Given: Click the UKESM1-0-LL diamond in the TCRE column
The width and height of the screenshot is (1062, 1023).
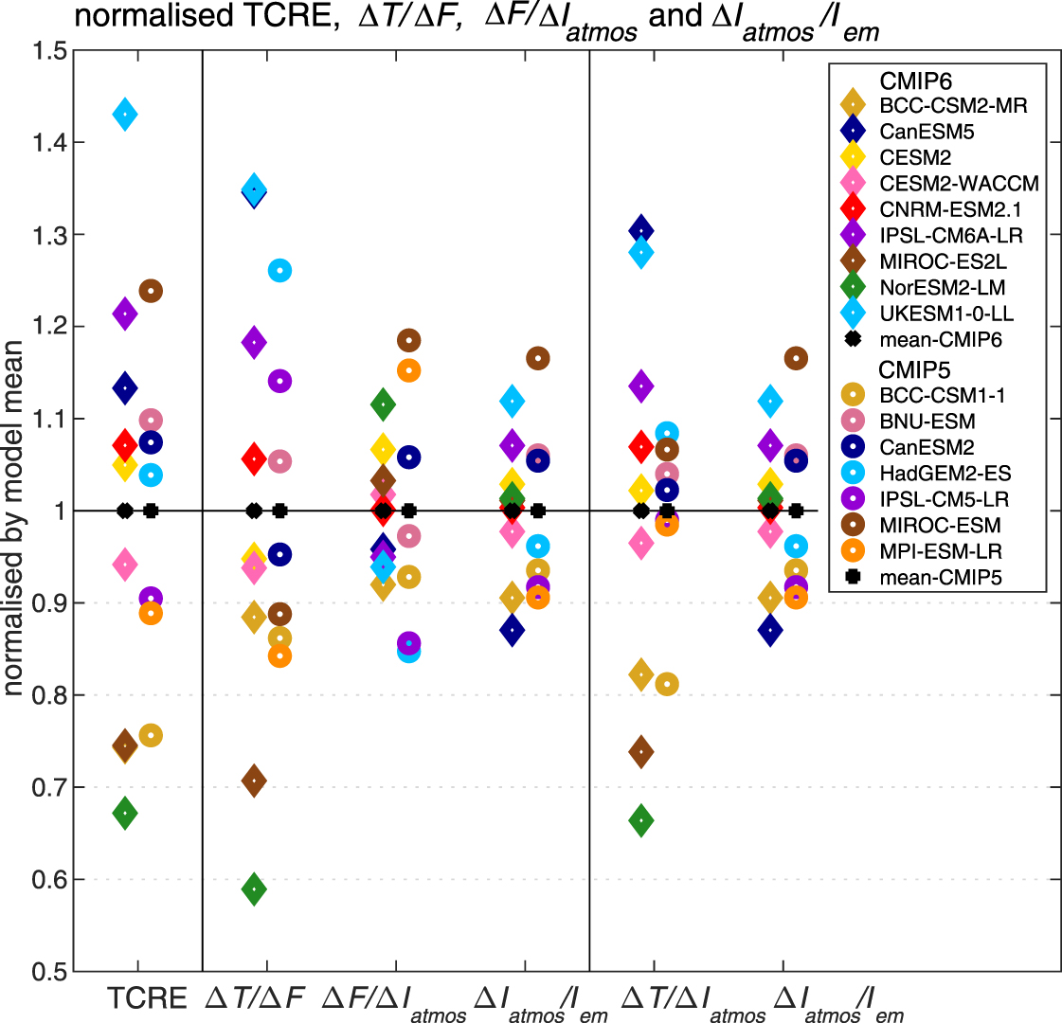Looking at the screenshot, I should point(124,115).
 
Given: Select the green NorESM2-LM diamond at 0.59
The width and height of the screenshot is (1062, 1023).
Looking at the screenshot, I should point(254,888).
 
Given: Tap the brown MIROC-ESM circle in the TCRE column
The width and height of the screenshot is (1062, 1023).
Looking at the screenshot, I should point(151,291).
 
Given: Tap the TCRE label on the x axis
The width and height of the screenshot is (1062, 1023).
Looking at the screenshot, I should point(147,997).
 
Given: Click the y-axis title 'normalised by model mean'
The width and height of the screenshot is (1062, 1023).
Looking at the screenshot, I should point(14,511).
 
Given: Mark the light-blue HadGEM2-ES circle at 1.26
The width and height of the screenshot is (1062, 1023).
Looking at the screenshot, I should point(279,271).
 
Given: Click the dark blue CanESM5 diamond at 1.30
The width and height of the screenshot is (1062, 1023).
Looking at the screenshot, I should point(641,231).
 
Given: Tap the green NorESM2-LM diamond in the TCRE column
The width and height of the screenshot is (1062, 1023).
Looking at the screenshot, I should point(124,813).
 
